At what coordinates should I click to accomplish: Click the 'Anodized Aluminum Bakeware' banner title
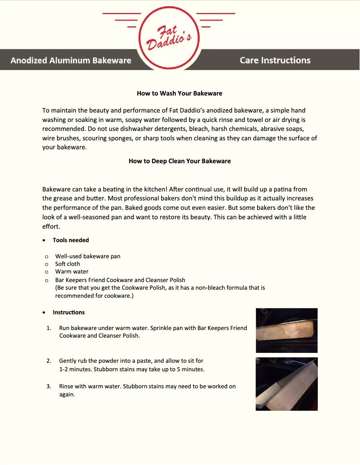[x=71, y=61]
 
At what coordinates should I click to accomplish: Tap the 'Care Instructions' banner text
[x=275, y=60]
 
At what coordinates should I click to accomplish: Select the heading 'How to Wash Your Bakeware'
[x=180, y=94]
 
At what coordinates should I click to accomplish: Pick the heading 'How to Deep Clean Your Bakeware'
[x=180, y=161]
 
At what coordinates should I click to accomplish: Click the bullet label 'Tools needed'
[x=70, y=240]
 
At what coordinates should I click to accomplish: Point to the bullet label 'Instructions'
[x=69, y=313]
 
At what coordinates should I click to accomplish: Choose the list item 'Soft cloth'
[x=67, y=264]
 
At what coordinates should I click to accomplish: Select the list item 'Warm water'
[x=72, y=272]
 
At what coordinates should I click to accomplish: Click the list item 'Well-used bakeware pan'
[x=88, y=256]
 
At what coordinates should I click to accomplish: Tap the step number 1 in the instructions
[x=48, y=328]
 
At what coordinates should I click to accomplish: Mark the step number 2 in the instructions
[x=48, y=361]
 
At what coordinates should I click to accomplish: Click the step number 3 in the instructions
[x=48, y=386]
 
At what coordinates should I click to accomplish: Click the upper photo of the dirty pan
[x=286, y=330]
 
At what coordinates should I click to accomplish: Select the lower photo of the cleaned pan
[x=286, y=384]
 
